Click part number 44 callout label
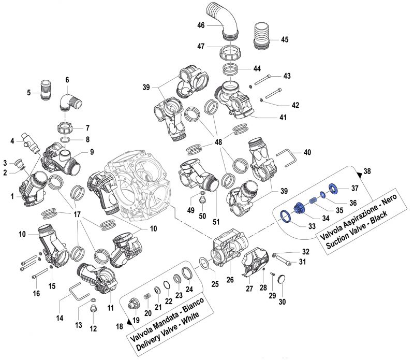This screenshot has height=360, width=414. pos(257,69)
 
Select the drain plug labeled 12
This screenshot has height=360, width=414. pos(93,311)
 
